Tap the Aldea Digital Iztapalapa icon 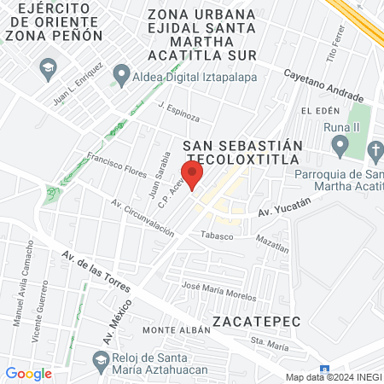[x=121, y=74]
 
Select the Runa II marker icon [x=340, y=147]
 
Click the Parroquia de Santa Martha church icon [x=373, y=151]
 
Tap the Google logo [x=29, y=373]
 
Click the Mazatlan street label [x=272, y=242]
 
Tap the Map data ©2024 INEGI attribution [x=333, y=377]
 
